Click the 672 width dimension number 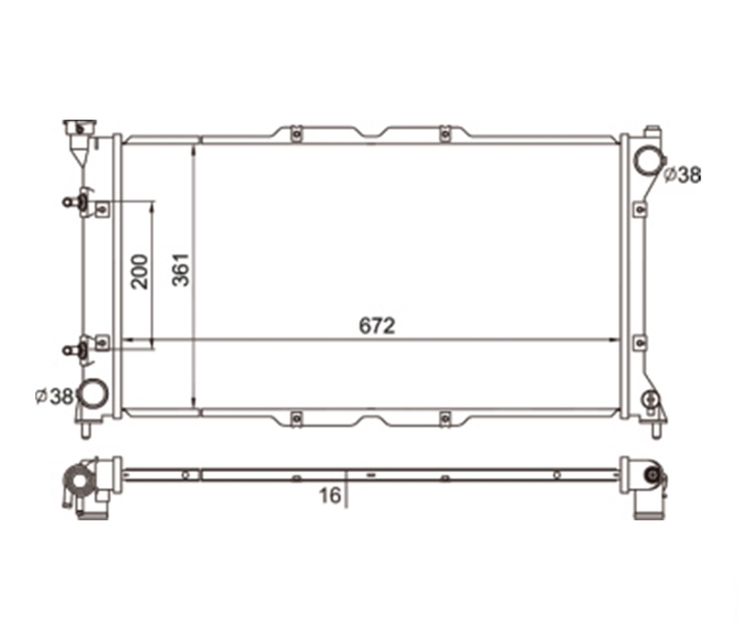[x=376, y=325]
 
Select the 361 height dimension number [x=181, y=270]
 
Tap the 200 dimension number [x=140, y=271]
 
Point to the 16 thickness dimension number [x=329, y=496]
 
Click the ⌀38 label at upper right [x=681, y=175]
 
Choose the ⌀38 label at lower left [x=55, y=396]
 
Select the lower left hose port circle [x=93, y=393]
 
